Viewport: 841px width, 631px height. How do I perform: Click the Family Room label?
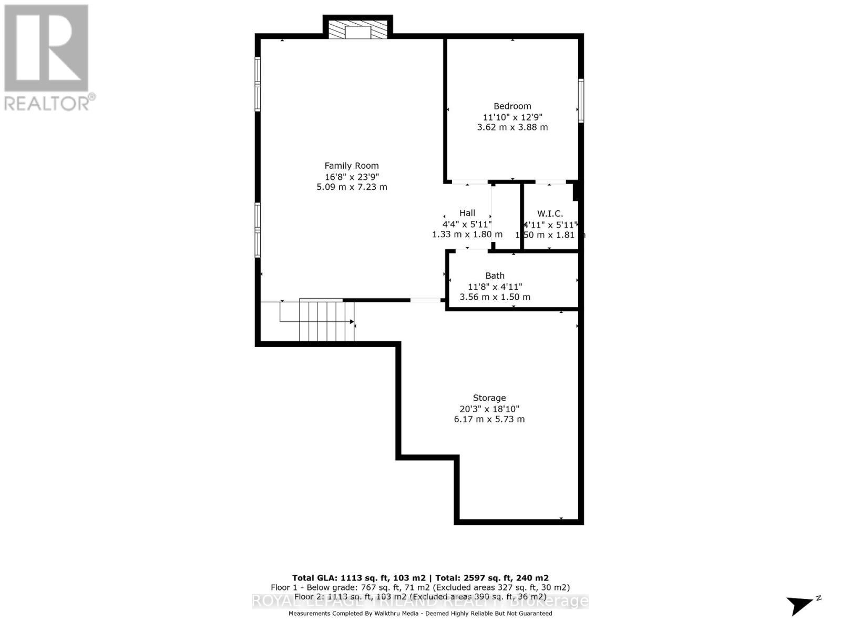[351, 166]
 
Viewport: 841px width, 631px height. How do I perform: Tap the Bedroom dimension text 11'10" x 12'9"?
[512, 117]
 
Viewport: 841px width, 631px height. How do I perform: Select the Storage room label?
[489, 398]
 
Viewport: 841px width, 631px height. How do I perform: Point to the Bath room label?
[495, 276]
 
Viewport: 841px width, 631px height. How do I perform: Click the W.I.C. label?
[550, 213]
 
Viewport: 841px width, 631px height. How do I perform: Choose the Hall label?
[467, 213]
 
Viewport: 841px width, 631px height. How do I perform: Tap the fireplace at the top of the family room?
[357, 29]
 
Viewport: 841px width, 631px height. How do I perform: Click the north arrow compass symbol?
[802, 605]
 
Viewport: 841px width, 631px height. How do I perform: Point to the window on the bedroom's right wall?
[581, 100]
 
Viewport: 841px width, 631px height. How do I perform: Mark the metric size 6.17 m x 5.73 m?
[489, 419]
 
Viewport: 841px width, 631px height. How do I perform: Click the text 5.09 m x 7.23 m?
[352, 187]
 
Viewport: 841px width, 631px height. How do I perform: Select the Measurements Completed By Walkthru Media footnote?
[420, 614]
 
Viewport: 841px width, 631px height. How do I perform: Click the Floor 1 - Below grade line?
[420, 587]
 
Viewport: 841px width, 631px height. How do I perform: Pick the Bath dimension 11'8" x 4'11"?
[495, 287]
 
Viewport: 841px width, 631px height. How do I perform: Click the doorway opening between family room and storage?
[426, 300]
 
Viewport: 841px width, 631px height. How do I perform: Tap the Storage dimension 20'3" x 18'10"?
[489, 409]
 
